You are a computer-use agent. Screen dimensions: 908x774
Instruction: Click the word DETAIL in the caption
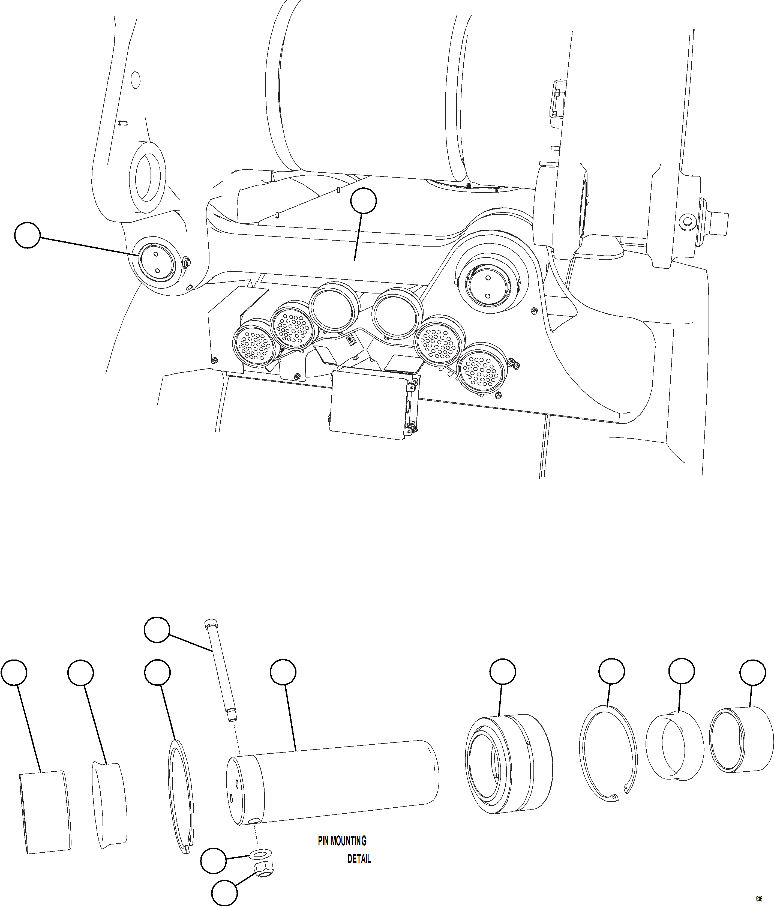tap(359, 859)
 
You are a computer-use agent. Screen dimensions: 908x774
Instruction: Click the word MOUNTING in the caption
tap(348, 841)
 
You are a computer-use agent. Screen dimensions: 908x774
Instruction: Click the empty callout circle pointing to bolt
tap(157, 630)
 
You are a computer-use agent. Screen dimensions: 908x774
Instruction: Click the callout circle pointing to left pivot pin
tap(27, 235)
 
